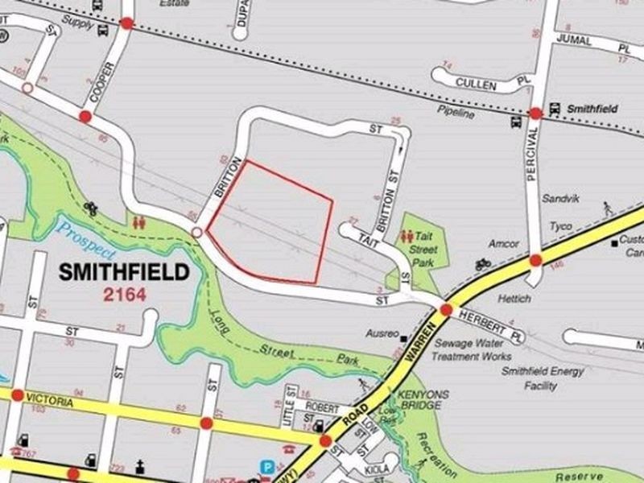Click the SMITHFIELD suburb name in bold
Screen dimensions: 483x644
[124, 272]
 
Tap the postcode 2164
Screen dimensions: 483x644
[124, 295]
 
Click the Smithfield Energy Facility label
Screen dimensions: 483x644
[529, 378]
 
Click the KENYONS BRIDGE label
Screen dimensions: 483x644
[419, 401]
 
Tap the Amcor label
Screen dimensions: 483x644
[504, 243]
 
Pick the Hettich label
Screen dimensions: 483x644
[515, 299]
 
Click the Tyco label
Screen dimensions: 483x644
[560, 226]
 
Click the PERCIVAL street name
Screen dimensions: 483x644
[531, 156]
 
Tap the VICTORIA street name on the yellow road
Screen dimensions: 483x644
[50, 400]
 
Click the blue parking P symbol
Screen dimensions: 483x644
[266, 465]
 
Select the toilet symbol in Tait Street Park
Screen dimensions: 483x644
[407, 237]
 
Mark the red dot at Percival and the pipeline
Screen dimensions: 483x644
[536, 114]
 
